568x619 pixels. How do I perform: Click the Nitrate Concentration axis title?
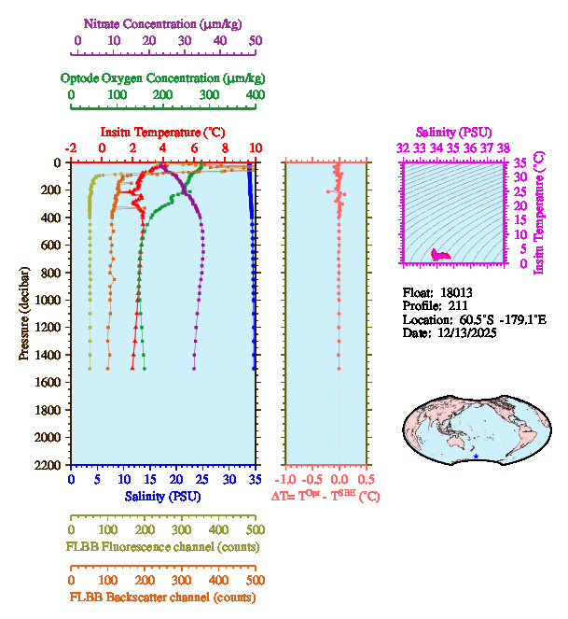(x=164, y=22)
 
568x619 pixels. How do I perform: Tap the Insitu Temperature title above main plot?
(x=161, y=132)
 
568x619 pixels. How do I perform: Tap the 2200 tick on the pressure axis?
(x=49, y=465)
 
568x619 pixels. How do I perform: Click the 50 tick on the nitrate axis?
(x=256, y=41)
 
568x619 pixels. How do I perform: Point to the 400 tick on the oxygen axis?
(x=255, y=95)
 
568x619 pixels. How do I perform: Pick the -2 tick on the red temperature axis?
(x=71, y=148)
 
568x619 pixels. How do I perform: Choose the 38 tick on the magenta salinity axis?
(x=504, y=148)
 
